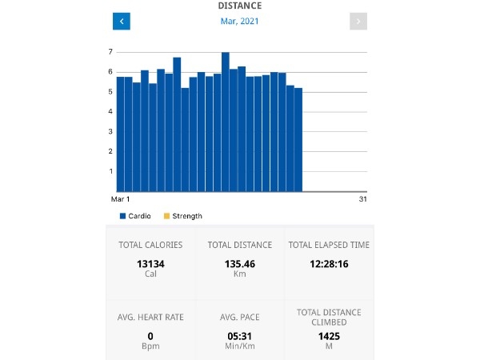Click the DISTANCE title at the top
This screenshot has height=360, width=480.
point(239,6)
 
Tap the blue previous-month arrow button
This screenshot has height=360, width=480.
point(122,22)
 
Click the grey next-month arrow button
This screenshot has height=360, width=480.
point(358,22)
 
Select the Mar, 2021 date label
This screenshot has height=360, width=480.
point(239,22)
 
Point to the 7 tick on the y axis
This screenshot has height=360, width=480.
point(110,52)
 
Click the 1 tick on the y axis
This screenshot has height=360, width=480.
point(110,171)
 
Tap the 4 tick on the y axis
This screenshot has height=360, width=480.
point(110,112)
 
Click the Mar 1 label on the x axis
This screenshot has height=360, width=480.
point(121,199)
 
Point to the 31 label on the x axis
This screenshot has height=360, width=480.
point(362,199)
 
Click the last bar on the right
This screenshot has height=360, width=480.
point(298,140)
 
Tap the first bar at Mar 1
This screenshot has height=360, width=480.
point(120,134)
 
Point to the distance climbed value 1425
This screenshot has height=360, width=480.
point(329,337)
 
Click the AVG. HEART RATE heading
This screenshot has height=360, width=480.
point(150,317)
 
